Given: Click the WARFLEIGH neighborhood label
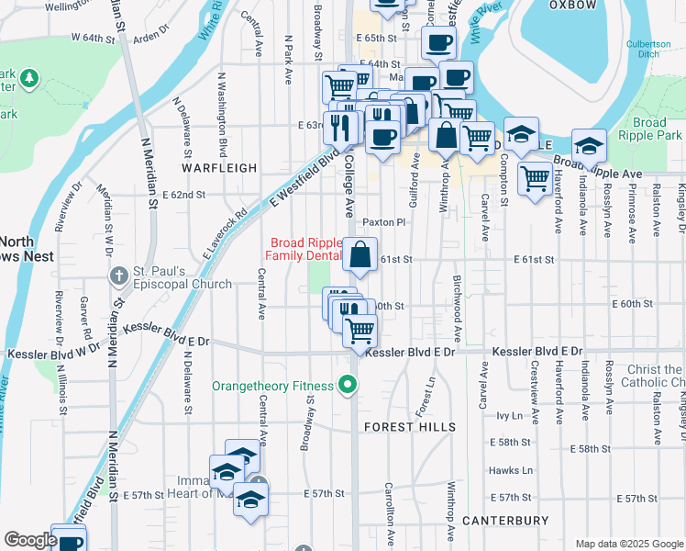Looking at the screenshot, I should [x=218, y=168].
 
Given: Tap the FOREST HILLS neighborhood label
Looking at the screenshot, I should [x=410, y=427].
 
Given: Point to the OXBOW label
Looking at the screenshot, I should [x=572, y=5].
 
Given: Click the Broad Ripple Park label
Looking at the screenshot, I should [x=649, y=129].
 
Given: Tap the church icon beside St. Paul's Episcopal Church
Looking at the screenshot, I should [x=118, y=275].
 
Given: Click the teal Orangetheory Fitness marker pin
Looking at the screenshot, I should [x=348, y=386].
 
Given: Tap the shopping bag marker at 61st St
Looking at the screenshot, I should [x=361, y=254].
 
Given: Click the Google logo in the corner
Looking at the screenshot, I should [x=29, y=540].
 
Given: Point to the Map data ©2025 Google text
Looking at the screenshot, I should [x=629, y=544].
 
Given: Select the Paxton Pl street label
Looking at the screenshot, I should [x=383, y=222].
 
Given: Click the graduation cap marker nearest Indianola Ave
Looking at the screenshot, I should [x=588, y=146].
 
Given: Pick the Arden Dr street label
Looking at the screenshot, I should [x=152, y=39].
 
